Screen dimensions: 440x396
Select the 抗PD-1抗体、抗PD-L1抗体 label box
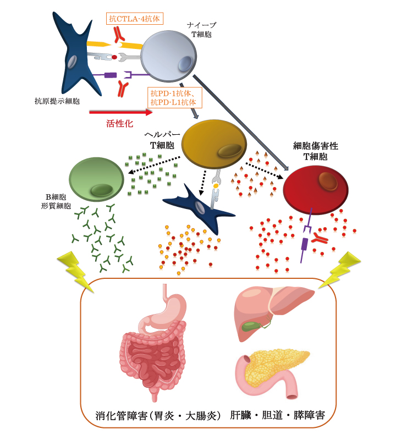tap(175, 98)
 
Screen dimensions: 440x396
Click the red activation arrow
tap(121, 112)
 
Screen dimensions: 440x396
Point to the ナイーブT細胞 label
tap(201, 29)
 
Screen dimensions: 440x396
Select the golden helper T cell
tap(213, 144)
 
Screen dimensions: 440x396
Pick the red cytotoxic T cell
tap(316, 186)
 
